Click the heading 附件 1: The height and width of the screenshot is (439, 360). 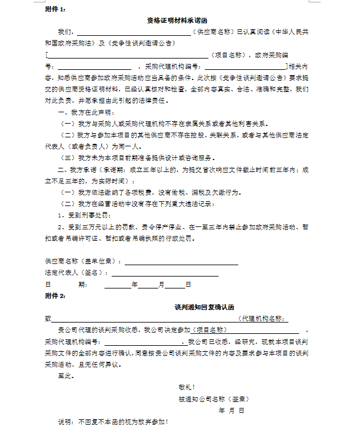click(55, 10)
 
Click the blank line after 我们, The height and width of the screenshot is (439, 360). click(134, 32)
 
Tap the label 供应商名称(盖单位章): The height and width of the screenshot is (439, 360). click(83, 262)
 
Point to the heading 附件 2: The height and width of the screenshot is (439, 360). click(55, 296)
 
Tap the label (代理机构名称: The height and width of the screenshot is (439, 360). click(262, 318)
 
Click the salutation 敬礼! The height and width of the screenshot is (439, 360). click(186, 387)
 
